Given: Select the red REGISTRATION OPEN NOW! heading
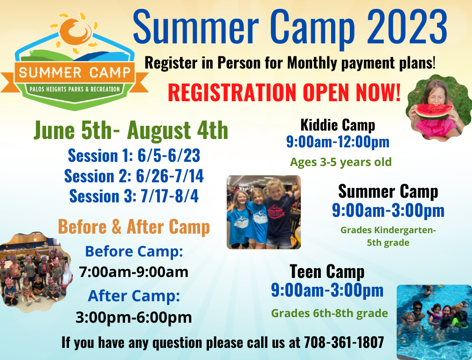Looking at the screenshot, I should (x=284, y=92).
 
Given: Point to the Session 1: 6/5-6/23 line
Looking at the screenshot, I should (x=134, y=155).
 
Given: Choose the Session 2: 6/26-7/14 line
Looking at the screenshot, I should (x=134, y=176).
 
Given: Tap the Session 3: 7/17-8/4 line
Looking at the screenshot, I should (x=134, y=196).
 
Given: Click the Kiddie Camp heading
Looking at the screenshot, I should (x=338, y=125).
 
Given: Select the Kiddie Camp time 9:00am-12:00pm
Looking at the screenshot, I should (x=338, y=142).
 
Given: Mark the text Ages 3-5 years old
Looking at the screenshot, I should (x=340, y=162).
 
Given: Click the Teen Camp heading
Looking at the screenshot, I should (x=327, y=271).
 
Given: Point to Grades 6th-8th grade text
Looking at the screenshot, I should (x=329, y=313).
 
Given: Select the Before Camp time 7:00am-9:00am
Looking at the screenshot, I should (x=134, y=272).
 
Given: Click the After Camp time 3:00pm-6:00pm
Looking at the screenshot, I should (x=134, y=317).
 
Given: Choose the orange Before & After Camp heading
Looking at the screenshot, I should (x=134, y=227).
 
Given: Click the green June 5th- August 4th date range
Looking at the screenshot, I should (x=131, y=131).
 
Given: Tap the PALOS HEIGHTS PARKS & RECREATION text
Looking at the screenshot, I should (x=75, y=89).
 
